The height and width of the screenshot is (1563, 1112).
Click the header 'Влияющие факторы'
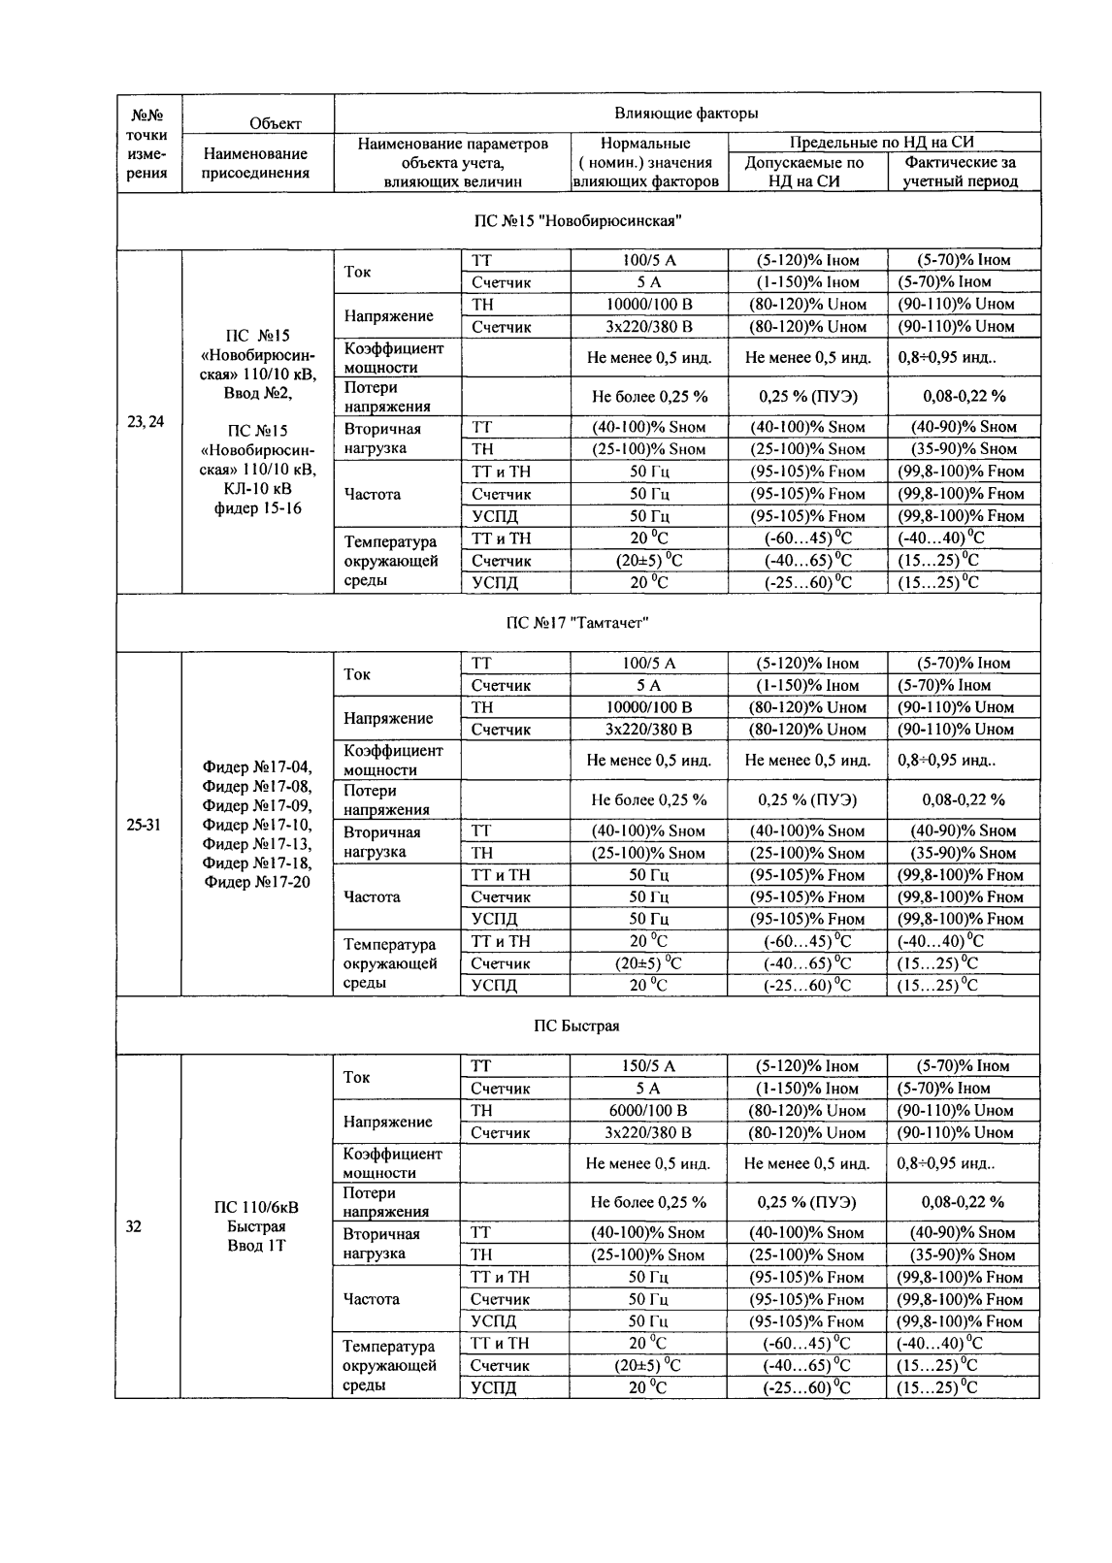click(686, 114)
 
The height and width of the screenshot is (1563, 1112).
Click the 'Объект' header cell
click(276, 123)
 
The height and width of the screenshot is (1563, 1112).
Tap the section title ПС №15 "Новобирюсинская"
click(577, 221)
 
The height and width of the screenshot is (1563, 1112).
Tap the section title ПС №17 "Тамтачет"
click(577, 622)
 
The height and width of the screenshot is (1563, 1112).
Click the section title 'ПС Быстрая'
click(577, 1026)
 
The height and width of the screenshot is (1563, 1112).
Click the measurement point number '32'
click(134, 1226)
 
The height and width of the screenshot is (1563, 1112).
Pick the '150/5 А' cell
click(648, 1066)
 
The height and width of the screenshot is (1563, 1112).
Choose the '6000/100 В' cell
click(648, 1111)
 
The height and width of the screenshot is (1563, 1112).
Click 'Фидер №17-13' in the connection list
click(257, 844)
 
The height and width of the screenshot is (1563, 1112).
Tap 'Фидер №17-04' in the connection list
click(257, 768)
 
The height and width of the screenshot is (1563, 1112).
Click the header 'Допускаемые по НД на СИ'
click(804, 173)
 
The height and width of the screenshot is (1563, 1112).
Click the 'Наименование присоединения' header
click(256, 163)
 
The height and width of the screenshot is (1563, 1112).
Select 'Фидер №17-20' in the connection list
click(257, 882)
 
